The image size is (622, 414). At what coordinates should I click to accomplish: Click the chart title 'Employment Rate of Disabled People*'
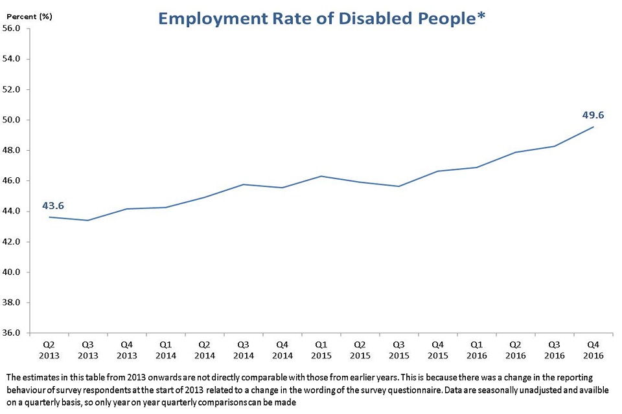tap(322, 18)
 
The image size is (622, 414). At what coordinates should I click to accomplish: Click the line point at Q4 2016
tap(593, 127)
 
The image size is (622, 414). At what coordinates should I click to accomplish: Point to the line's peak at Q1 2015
tap(321, 176)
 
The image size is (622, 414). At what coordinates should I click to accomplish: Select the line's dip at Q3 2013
tap(88, 221)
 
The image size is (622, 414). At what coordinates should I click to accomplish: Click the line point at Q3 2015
tap(399, 186)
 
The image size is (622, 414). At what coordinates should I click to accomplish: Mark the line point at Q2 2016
tap(516, 152)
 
